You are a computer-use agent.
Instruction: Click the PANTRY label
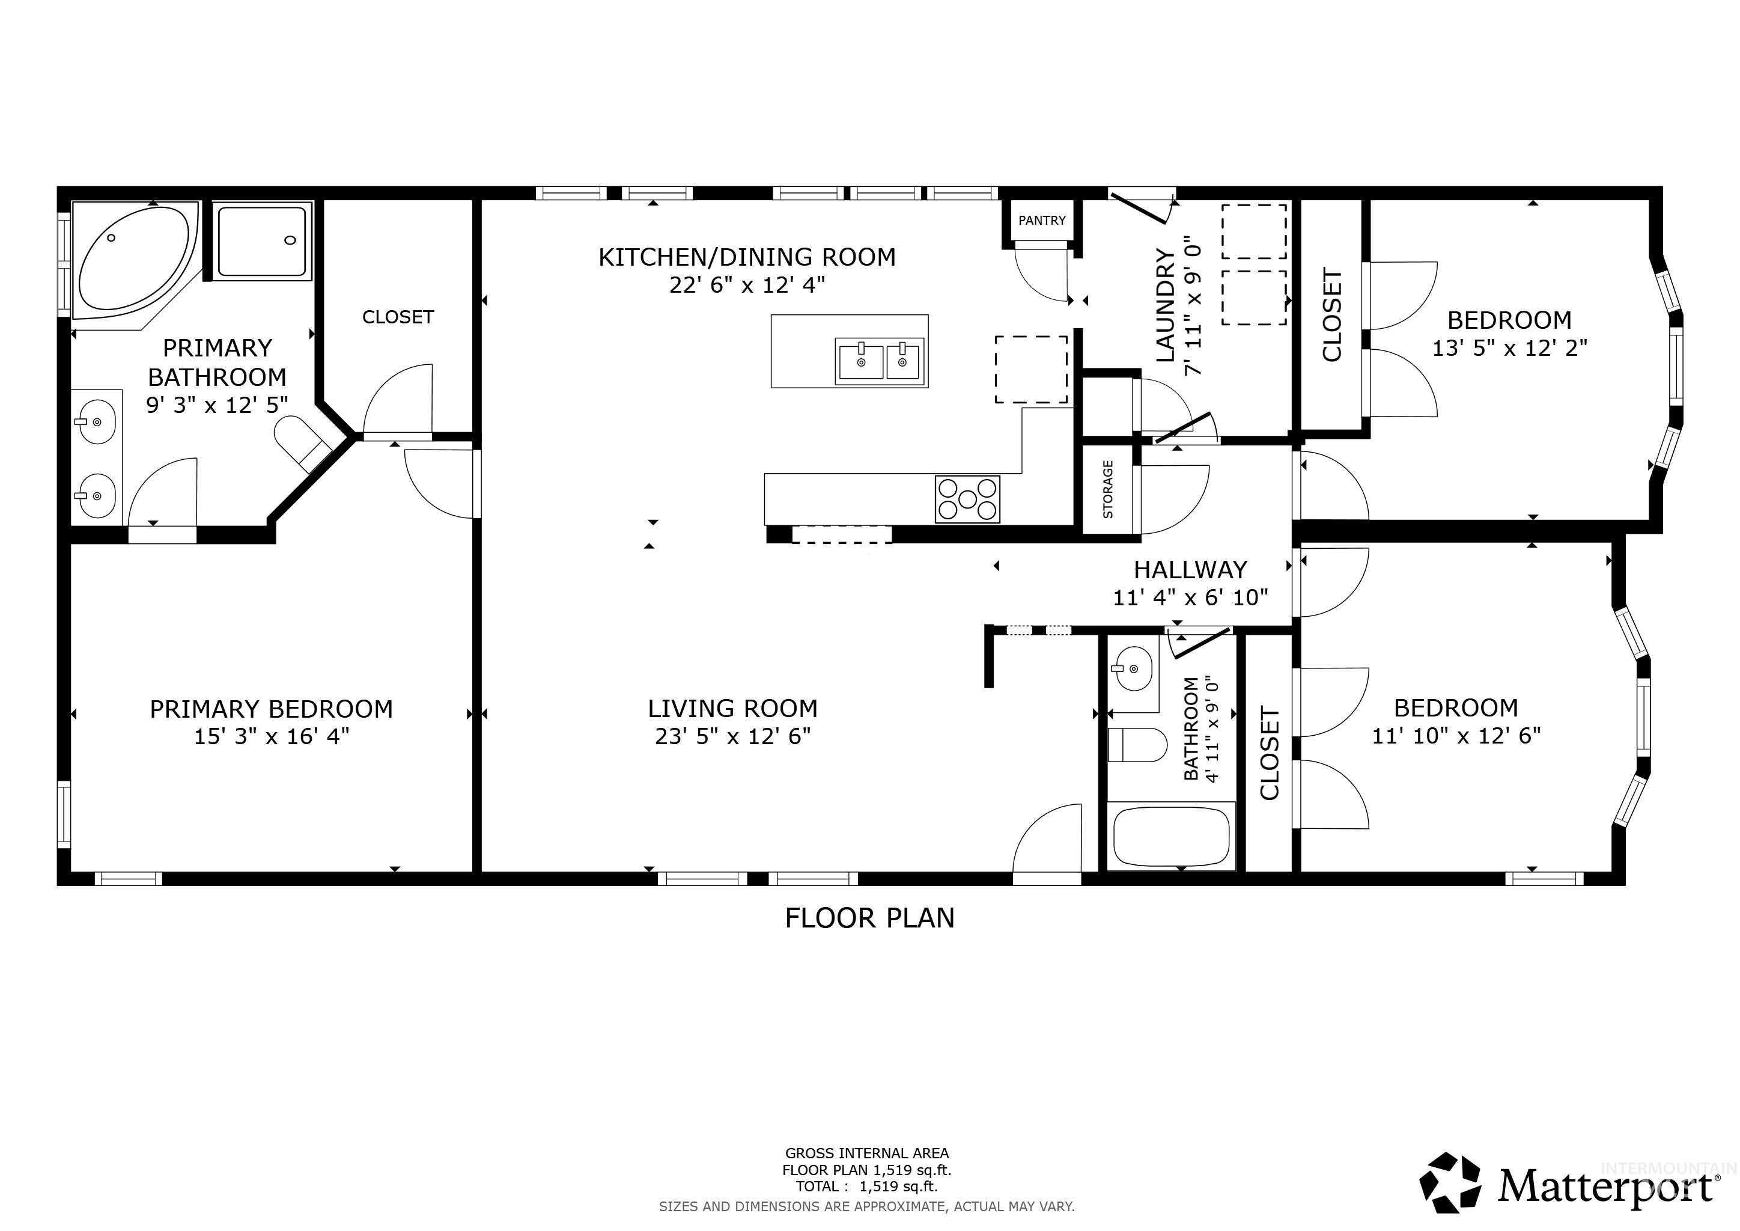pos(1041,221)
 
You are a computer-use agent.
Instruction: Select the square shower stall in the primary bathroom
pos(262,241)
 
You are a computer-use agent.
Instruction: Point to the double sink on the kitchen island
pos(880,362)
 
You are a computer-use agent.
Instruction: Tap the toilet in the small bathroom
pos(1137,745)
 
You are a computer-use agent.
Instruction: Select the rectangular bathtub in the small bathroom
pos(1171,837)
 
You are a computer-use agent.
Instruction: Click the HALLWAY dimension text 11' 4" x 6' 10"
pos(1190,598)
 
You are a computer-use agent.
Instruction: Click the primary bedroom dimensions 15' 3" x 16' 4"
pos(272,736)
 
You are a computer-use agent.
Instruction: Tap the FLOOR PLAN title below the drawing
pos(869,918)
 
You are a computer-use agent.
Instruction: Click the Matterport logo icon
pos(1450,1184)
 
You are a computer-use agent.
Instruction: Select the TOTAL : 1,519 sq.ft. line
pos(866,1187)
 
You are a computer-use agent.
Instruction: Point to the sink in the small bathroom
pos(1132,668)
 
